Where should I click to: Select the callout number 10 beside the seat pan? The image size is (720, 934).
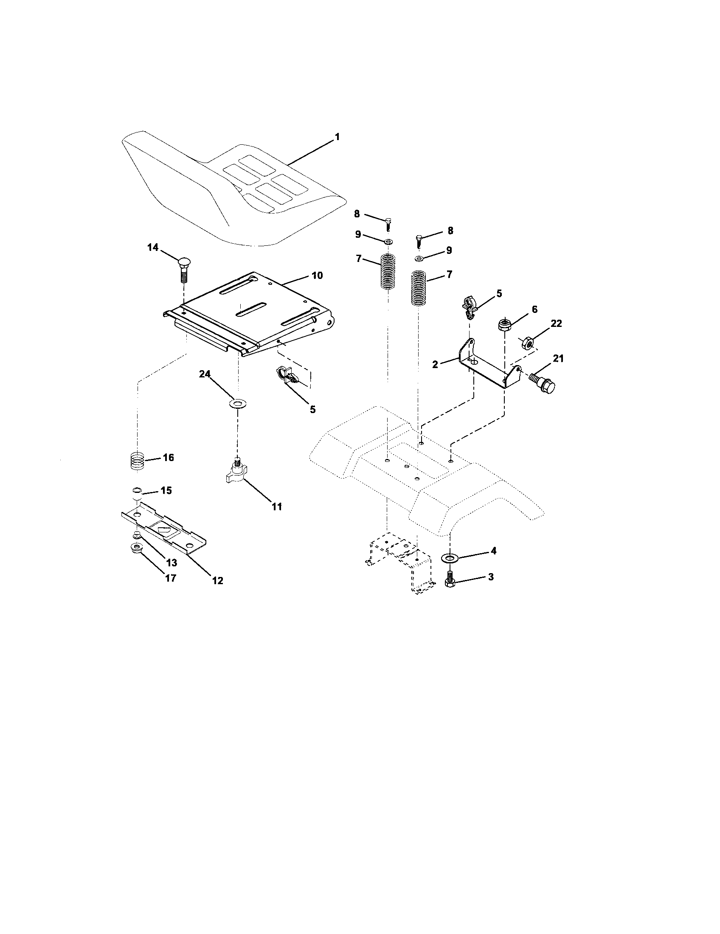pyautogui.click(x=317, y=276)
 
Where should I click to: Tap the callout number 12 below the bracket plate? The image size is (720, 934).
pyautogui.click(x=218, y=581)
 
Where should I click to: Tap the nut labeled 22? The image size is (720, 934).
pyautogui.click(x=528, y=343)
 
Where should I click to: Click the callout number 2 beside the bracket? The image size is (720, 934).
pyautogui.click(x=435, y=364)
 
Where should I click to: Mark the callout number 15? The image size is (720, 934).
pyautogui.click(x=166, y=490)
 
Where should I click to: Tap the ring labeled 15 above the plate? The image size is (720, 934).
pyautogui.click(x=137, y=490)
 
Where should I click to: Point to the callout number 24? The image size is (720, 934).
pyautogui.click(x=205, y=374)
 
